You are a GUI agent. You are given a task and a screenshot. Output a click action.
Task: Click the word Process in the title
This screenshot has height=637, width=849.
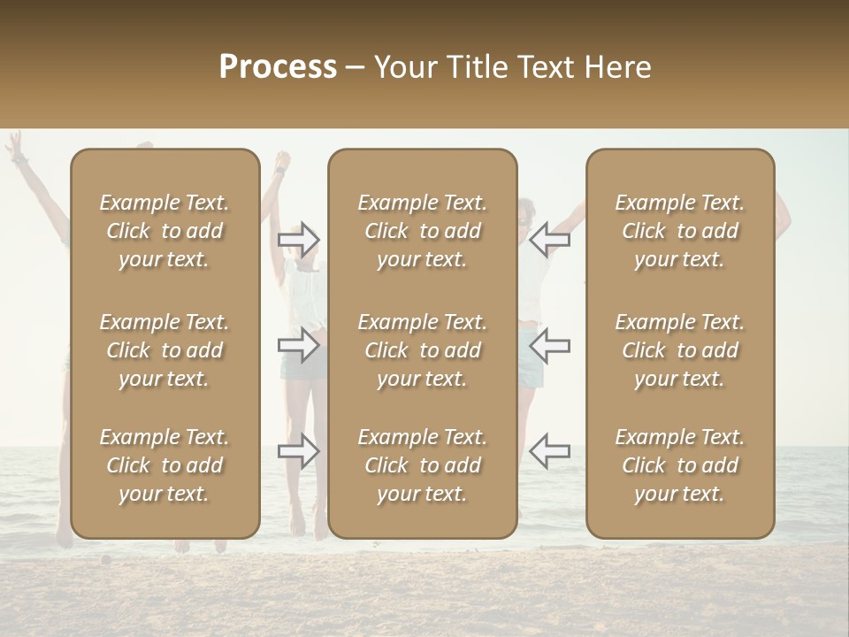[x=278, y=67]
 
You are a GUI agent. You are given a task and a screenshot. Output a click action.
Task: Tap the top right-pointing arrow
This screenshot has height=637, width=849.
[x=299, y=240]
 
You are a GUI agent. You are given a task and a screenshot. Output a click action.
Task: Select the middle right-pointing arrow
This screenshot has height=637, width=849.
[x=299, y=345]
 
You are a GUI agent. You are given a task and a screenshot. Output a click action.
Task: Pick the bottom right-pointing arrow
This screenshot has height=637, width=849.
[x=299, y=450]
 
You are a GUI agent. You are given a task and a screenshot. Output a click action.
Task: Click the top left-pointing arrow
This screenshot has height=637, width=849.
[x=550, y=240]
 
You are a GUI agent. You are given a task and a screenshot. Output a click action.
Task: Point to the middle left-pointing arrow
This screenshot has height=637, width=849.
[x=550, y=345]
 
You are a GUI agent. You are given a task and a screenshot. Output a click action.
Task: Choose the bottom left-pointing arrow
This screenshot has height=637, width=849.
[x=550, y=450]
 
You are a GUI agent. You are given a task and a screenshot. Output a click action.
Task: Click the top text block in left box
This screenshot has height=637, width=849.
[x=164, y=231]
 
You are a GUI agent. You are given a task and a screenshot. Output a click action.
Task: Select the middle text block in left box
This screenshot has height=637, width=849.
[x=164, y=350]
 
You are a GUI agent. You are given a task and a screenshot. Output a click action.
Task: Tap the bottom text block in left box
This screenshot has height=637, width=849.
[x=164, y=465]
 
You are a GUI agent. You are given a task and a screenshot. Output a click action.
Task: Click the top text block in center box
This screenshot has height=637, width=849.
[x=423, y=231]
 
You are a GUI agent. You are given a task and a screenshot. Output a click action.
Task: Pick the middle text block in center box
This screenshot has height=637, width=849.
[x=423, y=350]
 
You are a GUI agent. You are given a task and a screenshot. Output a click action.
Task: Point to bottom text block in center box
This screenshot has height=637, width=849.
[x=423, y=465]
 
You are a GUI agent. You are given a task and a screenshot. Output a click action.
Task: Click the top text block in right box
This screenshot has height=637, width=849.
[x=680, y=231]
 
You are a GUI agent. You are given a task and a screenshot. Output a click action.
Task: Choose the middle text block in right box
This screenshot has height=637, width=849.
[x=680, y=350]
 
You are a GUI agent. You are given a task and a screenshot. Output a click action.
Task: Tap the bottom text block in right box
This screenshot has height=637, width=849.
[x=680, y=465]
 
